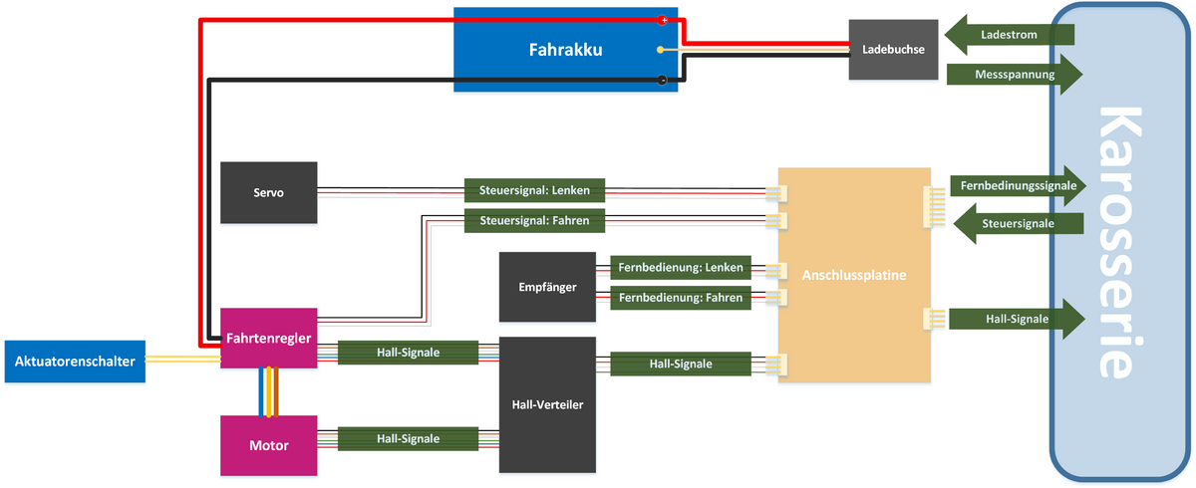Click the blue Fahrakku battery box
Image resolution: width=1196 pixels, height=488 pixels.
(566, 50)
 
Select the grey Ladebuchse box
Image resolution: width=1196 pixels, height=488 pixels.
(893, 49)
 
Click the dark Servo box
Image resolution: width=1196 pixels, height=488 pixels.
(268, 192)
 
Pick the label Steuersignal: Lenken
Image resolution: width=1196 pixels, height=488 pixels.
(534, 189)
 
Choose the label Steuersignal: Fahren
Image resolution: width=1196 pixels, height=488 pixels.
(534, 220)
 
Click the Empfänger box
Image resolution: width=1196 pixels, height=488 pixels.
(547, 287)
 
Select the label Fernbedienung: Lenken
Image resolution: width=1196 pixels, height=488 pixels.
(681, 267)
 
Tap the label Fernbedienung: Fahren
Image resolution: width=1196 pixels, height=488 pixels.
(681, 297)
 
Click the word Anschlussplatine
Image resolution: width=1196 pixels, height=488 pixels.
(855, 275)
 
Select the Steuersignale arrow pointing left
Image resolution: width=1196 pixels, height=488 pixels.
(1017, 223)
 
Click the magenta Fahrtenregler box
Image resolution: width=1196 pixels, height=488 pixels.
(268, 338)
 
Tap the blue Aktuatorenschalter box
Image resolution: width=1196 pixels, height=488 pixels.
(76, 362)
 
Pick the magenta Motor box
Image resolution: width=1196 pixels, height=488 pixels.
(268, 445)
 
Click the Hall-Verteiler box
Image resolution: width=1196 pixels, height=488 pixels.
(546, 405)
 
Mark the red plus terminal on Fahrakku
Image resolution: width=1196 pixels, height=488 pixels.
(663, 20)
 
